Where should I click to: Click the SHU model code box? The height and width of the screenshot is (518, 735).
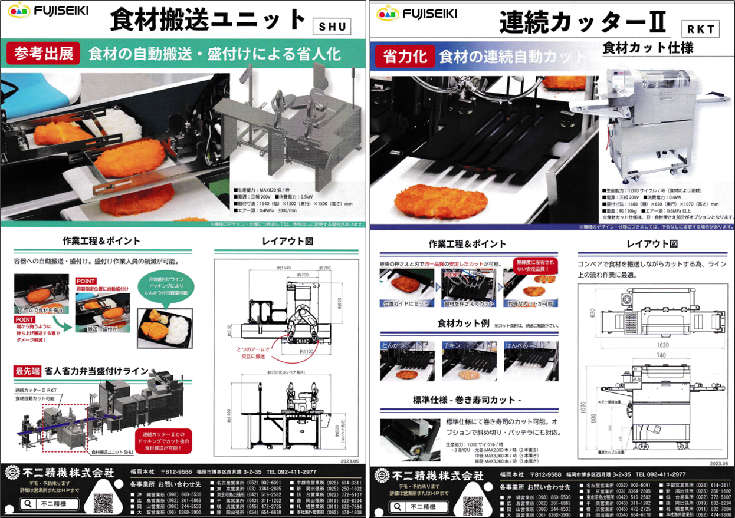pos(331,27)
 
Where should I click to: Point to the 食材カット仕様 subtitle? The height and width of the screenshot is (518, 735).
pos(648,48)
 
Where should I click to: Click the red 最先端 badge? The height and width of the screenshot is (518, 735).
pos(27,371)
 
